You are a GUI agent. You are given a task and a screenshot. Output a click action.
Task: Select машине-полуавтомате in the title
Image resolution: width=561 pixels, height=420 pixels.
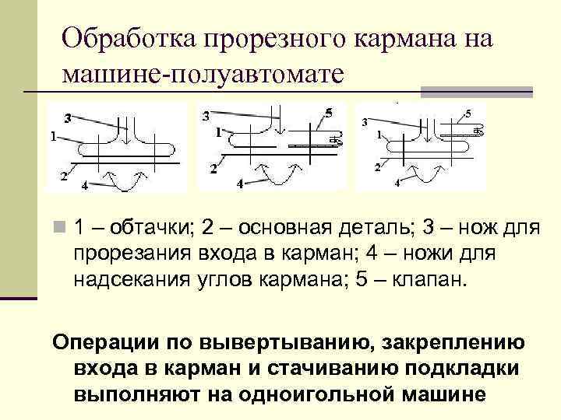202,73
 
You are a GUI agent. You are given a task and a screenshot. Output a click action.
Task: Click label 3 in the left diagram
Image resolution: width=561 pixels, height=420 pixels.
68,118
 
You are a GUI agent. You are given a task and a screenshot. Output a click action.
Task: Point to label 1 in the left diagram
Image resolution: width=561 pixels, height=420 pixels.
52,135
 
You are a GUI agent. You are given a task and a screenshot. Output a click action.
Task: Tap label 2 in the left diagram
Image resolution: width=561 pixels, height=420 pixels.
63,175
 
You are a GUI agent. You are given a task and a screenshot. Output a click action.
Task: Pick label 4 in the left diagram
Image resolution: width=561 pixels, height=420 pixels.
85,185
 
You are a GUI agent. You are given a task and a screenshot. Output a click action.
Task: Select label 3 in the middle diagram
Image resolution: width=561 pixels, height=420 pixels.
205,117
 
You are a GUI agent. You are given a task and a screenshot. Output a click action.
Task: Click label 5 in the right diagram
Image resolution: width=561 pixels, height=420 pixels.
467,114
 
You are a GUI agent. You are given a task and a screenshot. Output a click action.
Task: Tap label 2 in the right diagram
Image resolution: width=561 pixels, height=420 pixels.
378,167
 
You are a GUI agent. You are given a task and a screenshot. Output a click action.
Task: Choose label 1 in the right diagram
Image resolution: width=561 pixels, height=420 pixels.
379,135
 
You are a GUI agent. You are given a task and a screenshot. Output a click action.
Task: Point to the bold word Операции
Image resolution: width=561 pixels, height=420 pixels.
105,343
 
